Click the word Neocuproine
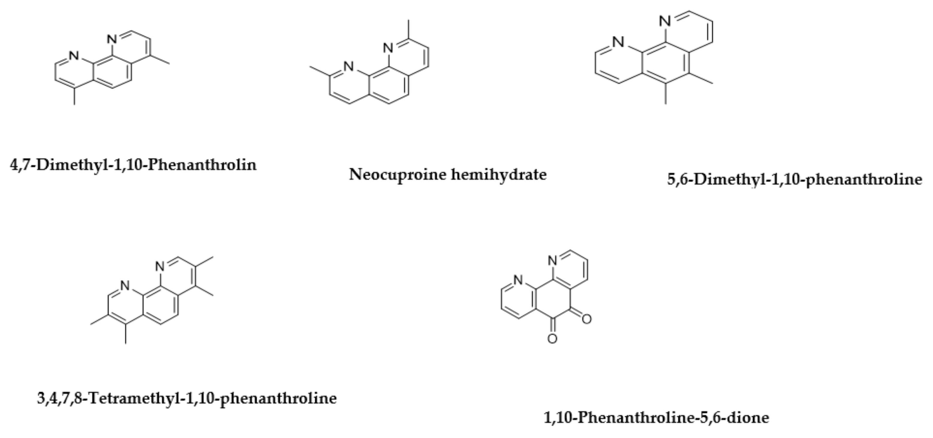point(397,175)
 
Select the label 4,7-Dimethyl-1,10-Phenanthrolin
point(133,165)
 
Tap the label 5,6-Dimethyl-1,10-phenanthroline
point(795,180)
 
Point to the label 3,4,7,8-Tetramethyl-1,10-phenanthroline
point(187,398)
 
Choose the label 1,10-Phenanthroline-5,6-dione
point(656,418)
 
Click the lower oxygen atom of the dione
point(552,339)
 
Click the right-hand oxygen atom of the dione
point(586,319)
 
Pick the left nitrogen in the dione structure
point(518,280)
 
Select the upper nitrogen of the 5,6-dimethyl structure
point(665,21)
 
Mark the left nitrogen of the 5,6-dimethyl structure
point(619,42)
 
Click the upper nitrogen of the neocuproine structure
point(388,47)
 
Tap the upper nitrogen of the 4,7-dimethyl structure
point(112,39)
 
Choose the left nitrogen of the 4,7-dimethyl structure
point(74,56)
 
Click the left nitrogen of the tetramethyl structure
point(125,286)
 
